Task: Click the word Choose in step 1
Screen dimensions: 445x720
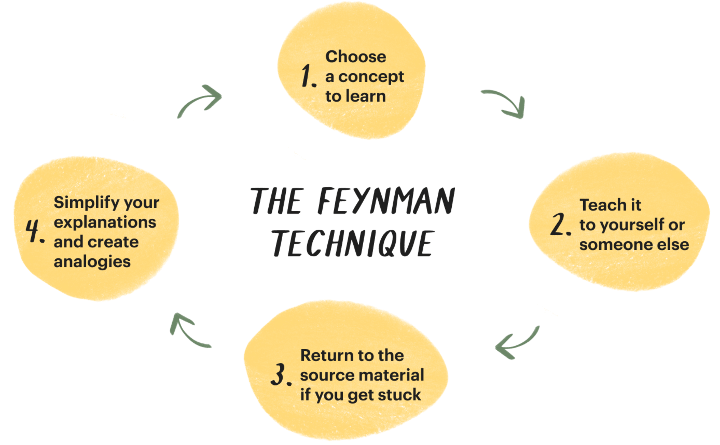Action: tap(356, 57)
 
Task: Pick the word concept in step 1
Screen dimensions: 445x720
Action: tap(371, 77)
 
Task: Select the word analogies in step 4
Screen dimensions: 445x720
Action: tap(92, 262)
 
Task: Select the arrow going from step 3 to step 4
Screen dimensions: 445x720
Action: tap(187, 331)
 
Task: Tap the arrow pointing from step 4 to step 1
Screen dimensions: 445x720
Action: tap(200, 100)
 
